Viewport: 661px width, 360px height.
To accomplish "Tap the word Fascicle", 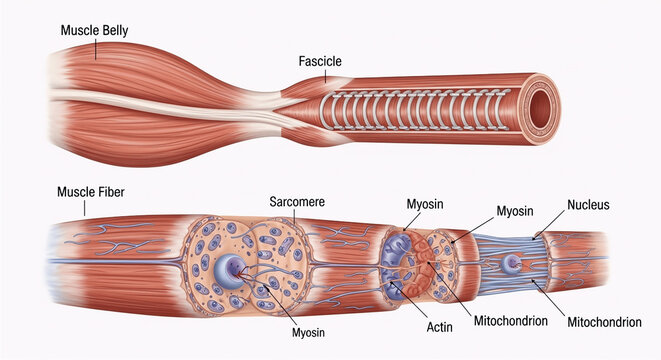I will (320, 62).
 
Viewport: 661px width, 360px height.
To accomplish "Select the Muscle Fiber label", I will (89, 191).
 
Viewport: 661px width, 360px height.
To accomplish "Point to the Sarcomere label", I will (297, 201).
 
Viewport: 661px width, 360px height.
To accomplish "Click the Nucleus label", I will (588, 205).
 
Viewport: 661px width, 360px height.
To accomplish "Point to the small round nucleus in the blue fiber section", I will (512, 264).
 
